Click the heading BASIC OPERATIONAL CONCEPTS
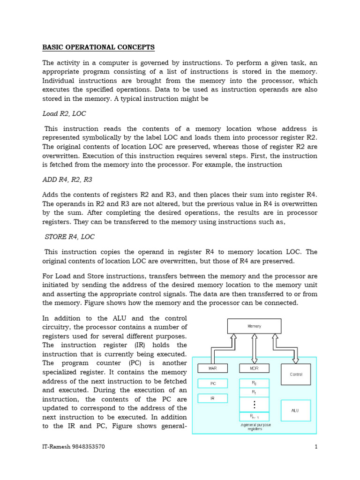(98, 47)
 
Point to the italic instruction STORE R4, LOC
(68, 237)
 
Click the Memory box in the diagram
(254, 326)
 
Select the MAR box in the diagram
(212, 368)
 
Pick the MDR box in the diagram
(254, 368)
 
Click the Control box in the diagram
(296, 375)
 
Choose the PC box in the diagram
(212, 383)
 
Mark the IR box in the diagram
(212, 398)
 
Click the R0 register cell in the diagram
(254, 383)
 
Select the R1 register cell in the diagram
(254, 392)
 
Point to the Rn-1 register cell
(254, 416)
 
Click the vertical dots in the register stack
(254, 404)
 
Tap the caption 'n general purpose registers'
(255, 427)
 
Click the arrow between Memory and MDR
(254, 348)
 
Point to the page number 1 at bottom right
(316, 447)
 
